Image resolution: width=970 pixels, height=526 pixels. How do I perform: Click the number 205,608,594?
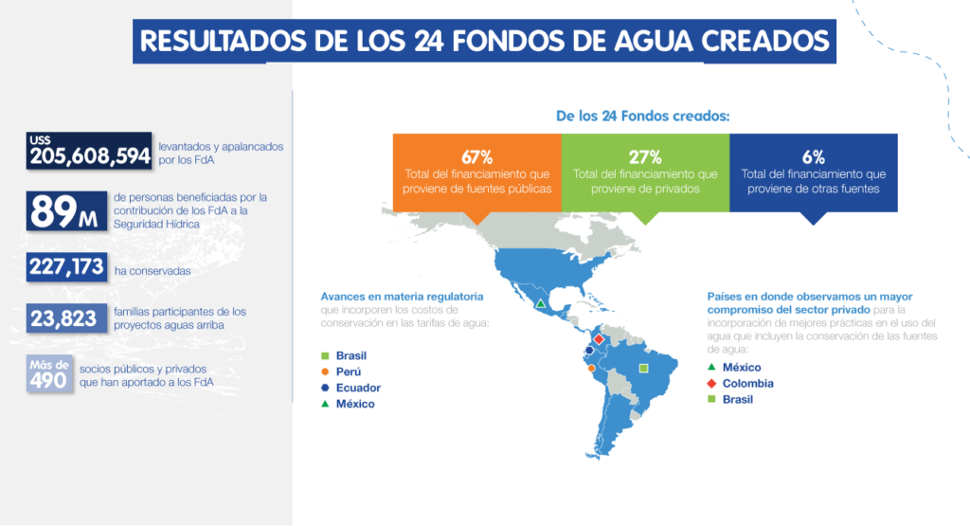click(x=90, y=156)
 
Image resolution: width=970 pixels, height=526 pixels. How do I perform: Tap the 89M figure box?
click(x=65, y=210)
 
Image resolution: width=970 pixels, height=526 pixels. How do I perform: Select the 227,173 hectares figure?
click(x=65, y=267)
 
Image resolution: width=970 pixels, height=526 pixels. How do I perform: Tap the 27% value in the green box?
click(x=645, y=156)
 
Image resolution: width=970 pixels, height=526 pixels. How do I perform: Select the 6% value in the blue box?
click(x=813, y=156)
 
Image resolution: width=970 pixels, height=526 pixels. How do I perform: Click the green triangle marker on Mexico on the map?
click(x=541, y=304)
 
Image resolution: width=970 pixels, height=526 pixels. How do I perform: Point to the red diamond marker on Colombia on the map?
click(x=598, y=338)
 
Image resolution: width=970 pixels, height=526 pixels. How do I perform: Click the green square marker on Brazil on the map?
click(x=644, y=367)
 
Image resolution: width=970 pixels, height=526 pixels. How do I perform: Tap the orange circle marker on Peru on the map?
click(x=591, y=368)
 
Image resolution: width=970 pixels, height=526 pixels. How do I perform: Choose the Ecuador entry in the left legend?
click(x=357, y=388)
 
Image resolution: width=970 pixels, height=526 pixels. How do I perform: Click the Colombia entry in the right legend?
click(x=747, y=383)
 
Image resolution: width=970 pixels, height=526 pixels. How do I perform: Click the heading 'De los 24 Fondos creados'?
click(x=642, y=118)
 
